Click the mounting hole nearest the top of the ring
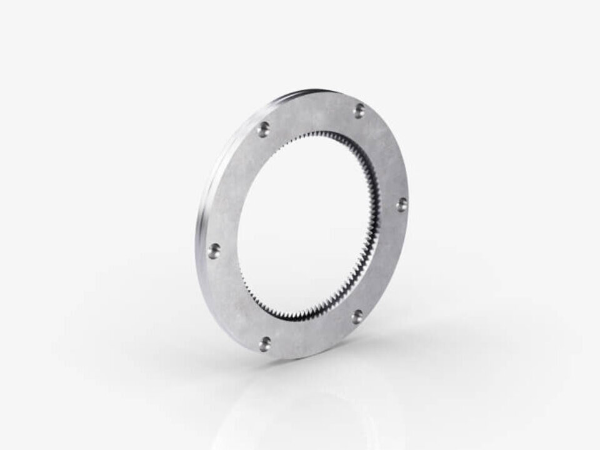(x=359, y=111)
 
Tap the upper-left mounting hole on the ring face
(x=264, y=130)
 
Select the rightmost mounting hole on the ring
(x=401, y=204)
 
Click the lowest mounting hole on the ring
(x=266, y=342)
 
